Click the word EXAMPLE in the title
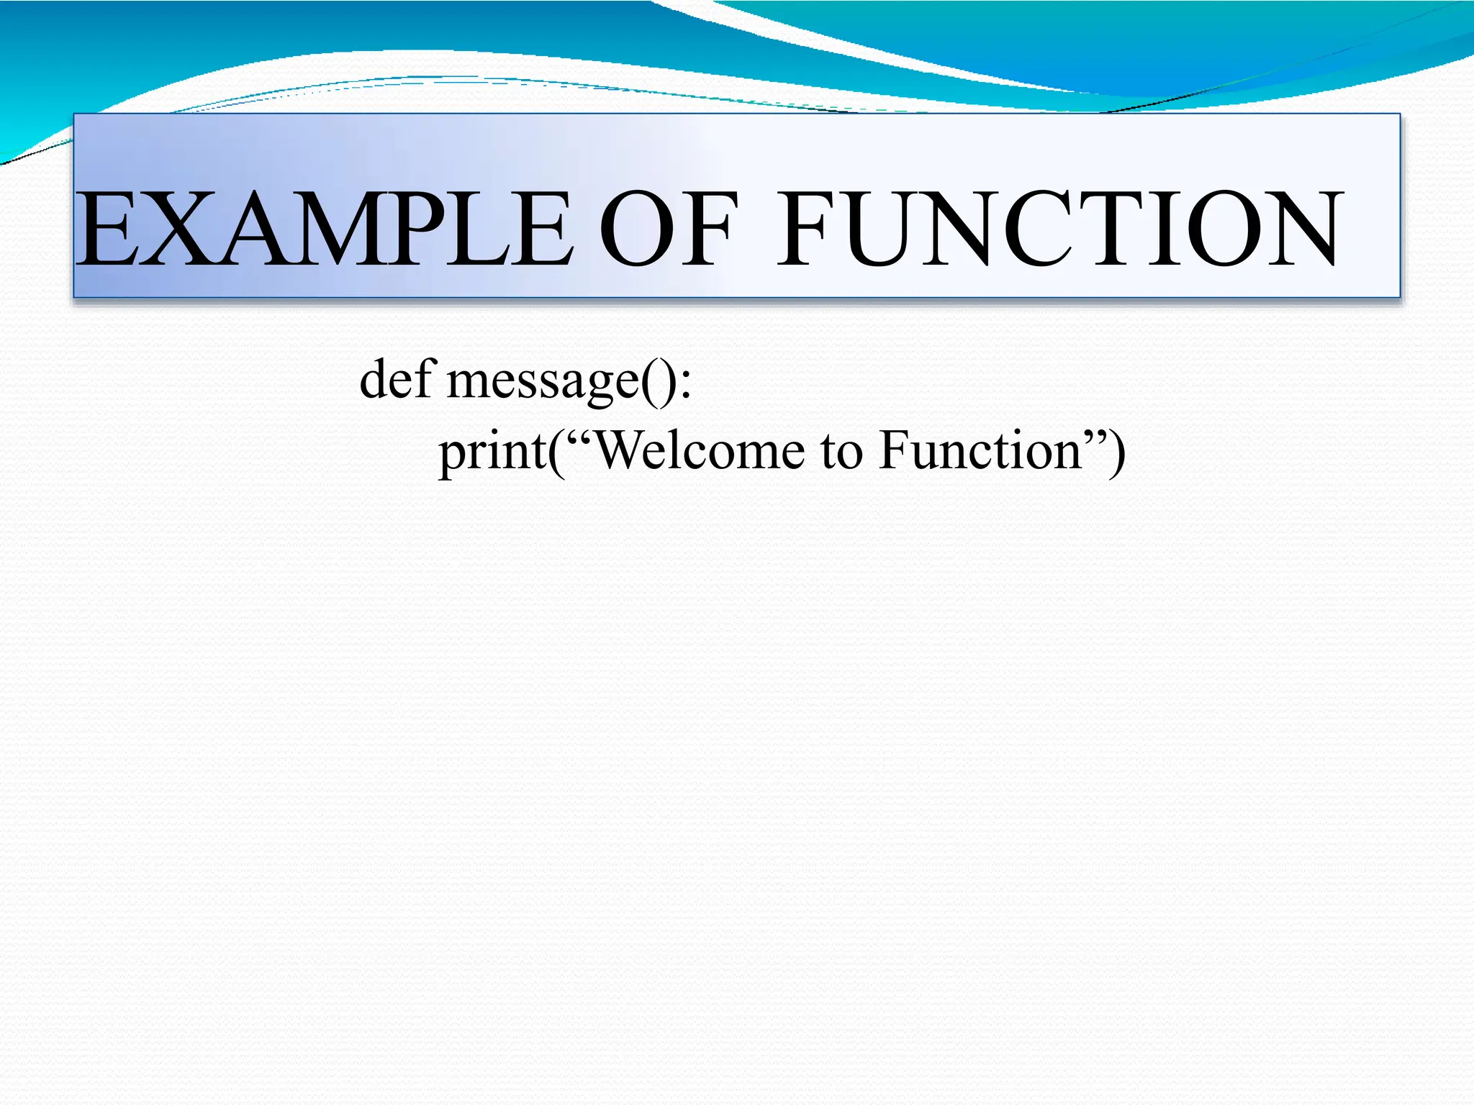click(324, 229)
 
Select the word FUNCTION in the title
click(1058, 229)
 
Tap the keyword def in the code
click(397, 379)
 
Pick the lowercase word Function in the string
click(980, 451)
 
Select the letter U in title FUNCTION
click(885, 229)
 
